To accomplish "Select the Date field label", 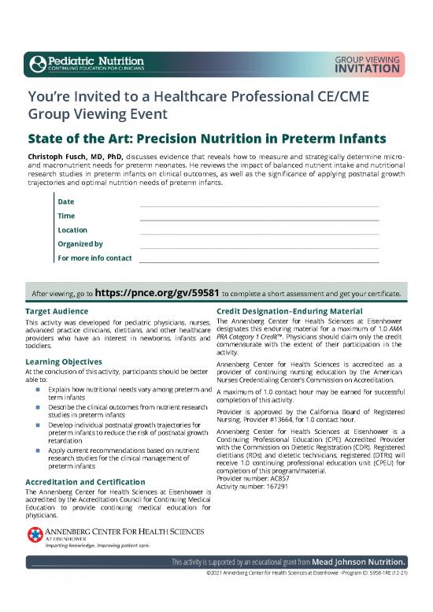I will click(x=66, y=202).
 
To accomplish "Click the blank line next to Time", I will click(x=258, y=217).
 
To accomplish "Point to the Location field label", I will click(x=72, y=230).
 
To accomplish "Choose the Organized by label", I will click(x=80, y=244).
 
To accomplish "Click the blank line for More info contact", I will click(x=258, y=258).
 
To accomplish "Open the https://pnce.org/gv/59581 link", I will click(x=155, y=293).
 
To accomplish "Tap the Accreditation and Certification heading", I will click(x=85, y=482).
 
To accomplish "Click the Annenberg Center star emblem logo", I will click(x=32, y=536).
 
